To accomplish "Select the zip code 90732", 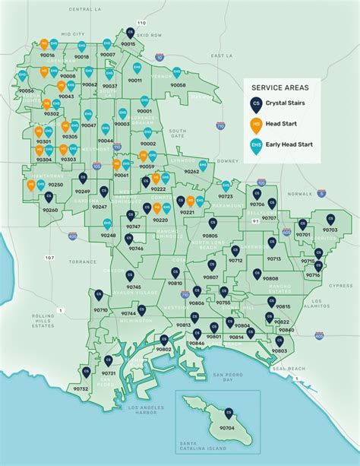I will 81,388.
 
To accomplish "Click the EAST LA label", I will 221,55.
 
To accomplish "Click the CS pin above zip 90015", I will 130,33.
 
